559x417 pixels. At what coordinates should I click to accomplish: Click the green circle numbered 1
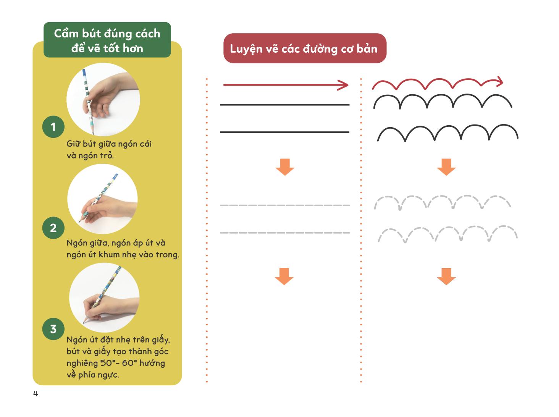point(53,127)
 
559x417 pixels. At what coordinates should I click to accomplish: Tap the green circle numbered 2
point(53,228)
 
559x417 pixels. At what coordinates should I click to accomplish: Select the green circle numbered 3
point(53,329)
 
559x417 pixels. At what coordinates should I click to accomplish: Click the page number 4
point(36,394)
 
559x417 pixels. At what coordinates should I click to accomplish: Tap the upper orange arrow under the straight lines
point(285,167)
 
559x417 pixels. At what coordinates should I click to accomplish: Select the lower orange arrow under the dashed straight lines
point(284,276)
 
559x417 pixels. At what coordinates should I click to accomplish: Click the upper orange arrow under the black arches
point(446,167)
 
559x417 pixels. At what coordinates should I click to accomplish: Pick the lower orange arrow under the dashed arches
point(446,276)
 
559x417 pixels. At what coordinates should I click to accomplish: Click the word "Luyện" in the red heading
point(246,49)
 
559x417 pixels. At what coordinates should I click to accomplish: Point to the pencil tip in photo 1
point(93,134)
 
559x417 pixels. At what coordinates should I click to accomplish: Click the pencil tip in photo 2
point(79,221)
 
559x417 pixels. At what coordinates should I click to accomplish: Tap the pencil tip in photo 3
point(84,323)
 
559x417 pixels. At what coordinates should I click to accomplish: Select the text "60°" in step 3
point(129,363)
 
